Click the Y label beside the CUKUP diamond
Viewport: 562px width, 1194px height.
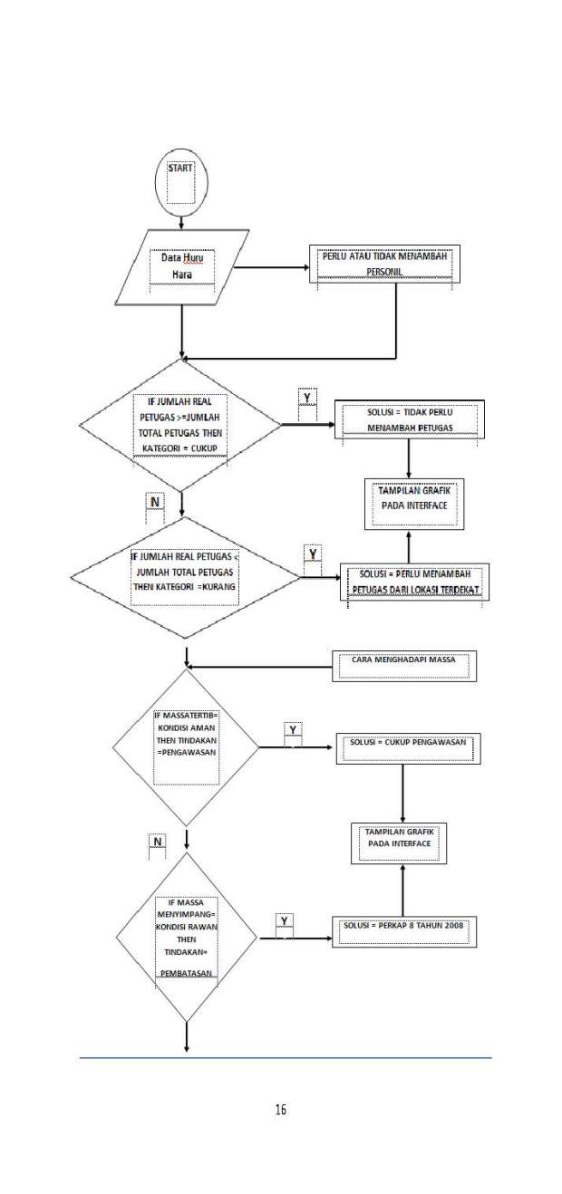(307, 398)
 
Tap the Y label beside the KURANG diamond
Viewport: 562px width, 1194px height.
(313, 554)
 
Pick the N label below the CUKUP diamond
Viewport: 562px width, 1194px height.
(155, 502)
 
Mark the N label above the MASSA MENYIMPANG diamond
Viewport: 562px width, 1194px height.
(158, 842)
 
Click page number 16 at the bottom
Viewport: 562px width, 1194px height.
(280, 1109)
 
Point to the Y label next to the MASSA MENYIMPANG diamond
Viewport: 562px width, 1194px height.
(285, 920)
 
